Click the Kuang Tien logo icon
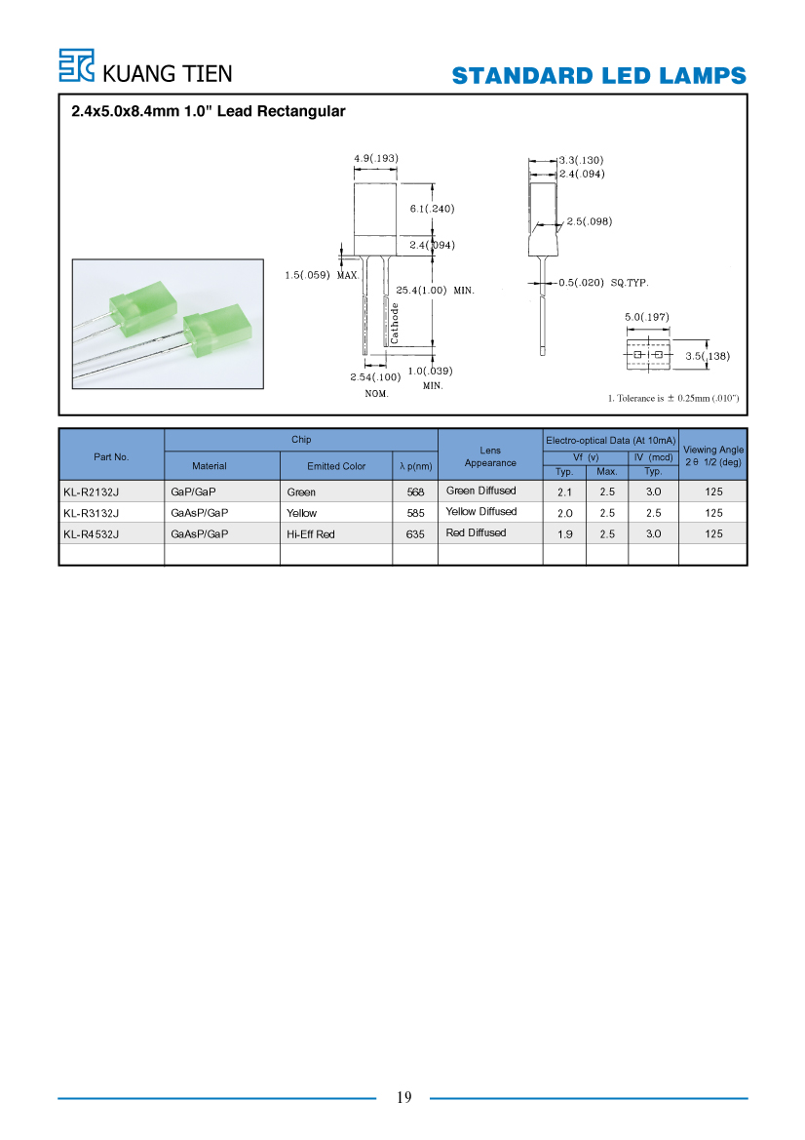coord(76,65)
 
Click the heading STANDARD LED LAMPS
coord(598,76)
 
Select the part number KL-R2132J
coord(91,492)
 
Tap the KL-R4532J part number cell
coord(91,534)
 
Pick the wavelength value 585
coord(415,513)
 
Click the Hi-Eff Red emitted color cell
coord(310,534)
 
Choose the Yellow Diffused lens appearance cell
coord(481,512)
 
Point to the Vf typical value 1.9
coord(564,534)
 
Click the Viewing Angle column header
coord(713,455)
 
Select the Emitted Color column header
coord(335,466)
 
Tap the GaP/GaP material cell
coord(193,492)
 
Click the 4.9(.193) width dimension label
coord(375,159)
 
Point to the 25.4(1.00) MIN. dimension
coord(435,290)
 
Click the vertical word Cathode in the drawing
coord(395,324)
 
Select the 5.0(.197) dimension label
coord(646,317)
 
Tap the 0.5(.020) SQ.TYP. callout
coord(603,283)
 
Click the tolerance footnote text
coord(672,399)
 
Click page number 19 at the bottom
coord(403,1097)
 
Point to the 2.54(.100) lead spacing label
coord(375,377)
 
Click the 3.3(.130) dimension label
coord(581,160)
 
